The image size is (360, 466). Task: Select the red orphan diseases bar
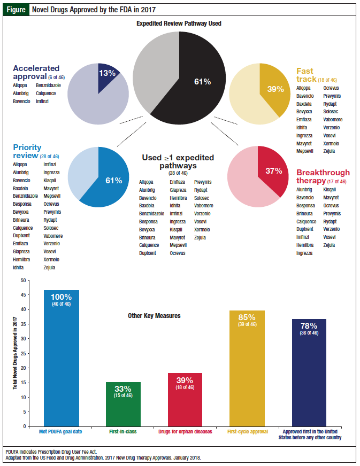coord(186,406)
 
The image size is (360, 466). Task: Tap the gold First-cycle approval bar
coord(246,374)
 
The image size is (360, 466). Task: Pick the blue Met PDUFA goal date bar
coord(61,363)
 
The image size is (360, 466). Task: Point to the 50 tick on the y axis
coord(22,280)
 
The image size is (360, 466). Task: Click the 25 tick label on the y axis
coord(22,353)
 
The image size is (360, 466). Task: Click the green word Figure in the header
coord(16,10)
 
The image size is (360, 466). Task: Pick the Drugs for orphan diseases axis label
coord(186,431)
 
